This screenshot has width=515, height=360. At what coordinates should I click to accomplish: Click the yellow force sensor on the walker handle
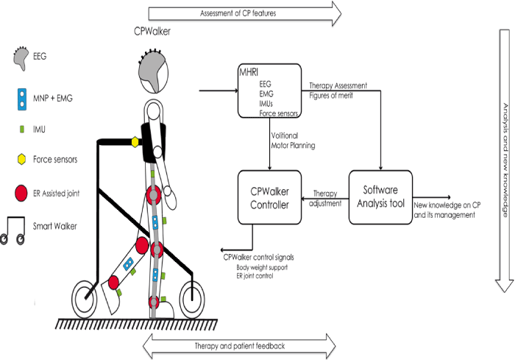135,141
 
